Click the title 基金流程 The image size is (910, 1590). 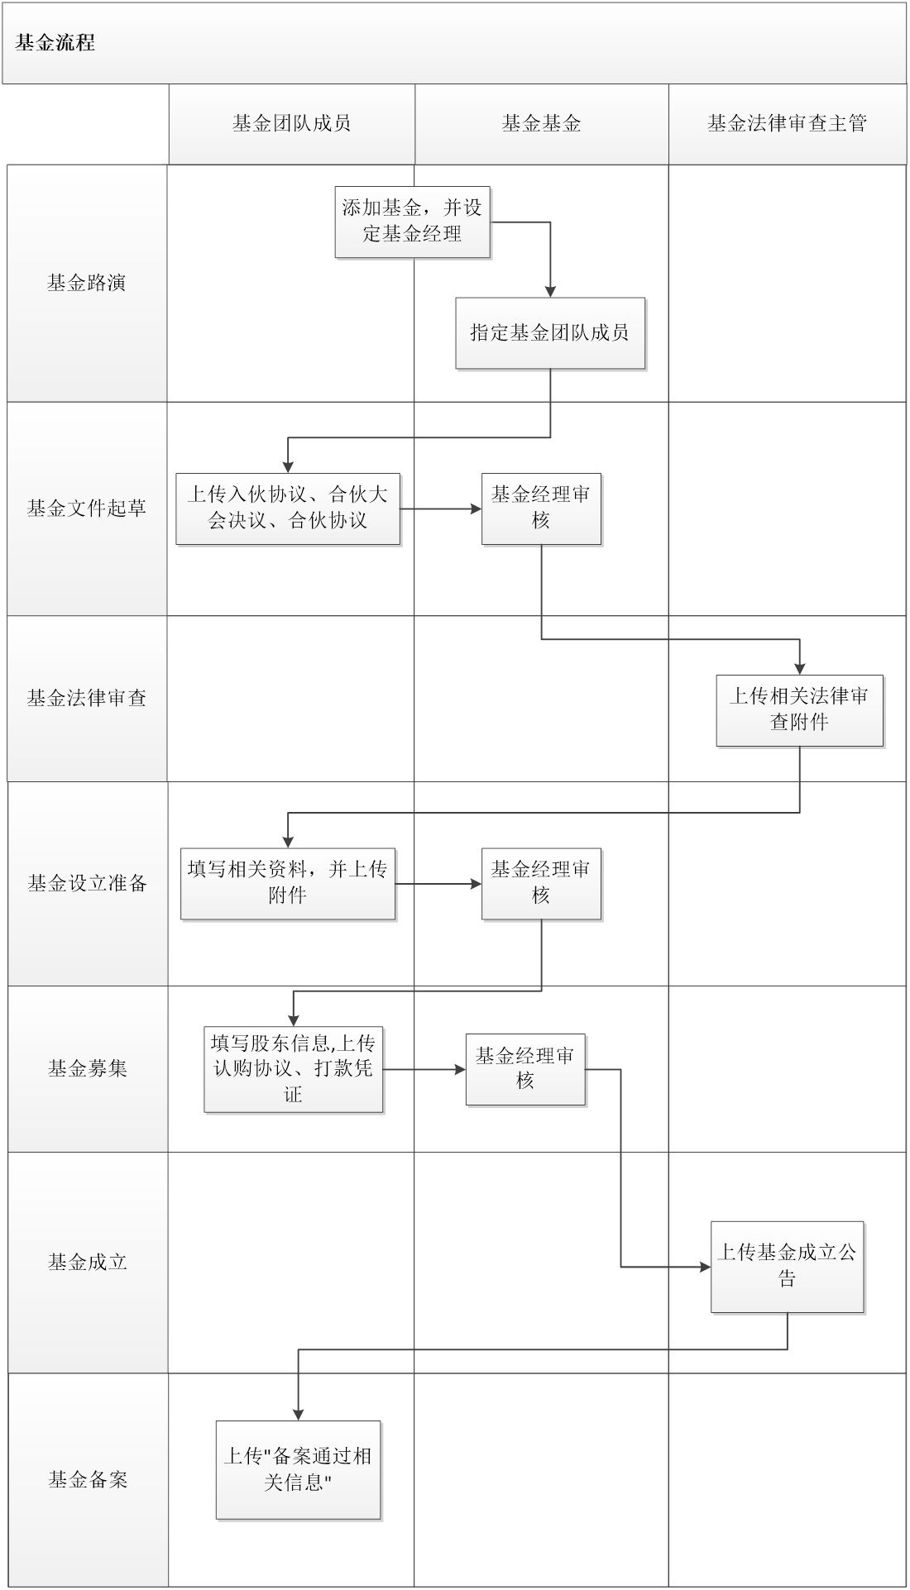tap(55, 43)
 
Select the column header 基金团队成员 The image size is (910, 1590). tap(291, 124)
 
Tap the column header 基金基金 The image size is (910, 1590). tap(541, 124)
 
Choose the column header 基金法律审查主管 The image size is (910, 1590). tap(787, 124)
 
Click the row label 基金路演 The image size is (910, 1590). tap(87, 284)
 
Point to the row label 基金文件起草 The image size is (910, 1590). tap(87, 509)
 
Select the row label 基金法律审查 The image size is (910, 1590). tap(87, 699)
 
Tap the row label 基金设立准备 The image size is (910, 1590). tap(87, 883)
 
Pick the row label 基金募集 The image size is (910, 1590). tap(87, 1068)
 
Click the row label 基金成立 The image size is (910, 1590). tap(87, 1262)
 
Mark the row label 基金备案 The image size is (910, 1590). tap(87, 1479)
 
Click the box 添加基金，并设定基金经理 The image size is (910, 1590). tap(412, 222)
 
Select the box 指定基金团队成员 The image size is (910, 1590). tap(550, 332)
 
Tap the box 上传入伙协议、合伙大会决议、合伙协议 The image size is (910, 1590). tap(288, 508)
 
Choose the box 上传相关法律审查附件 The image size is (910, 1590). tap(799, 709)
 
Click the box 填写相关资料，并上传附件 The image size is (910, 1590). tap(288, 883)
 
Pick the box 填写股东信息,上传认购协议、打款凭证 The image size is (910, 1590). tap(294, 1069)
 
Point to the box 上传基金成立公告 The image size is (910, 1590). tap(787, 1266)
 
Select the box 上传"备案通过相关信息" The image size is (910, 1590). tap(298, 1469)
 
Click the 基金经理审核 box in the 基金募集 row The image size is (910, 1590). tap(524, 1068)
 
